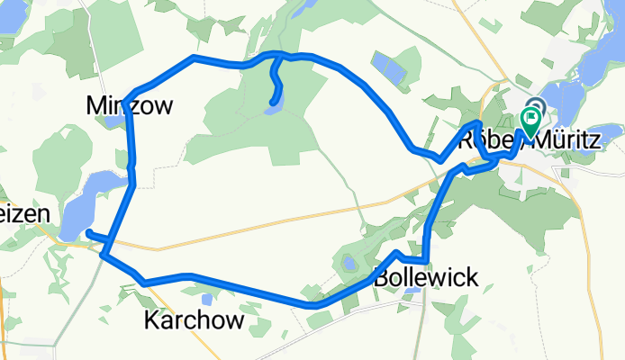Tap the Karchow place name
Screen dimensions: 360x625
tap(194, 320)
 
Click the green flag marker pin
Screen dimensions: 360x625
tap(530, 117)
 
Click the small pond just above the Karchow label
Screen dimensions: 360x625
tap(208, 298)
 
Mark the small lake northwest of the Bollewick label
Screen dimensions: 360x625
tap(346, 264)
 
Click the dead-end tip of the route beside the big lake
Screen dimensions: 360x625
tap(88, 233)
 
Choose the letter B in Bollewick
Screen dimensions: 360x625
tap(380, 276)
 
